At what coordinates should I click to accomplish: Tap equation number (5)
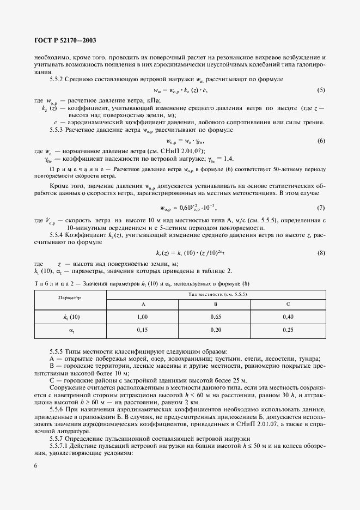pyautogui.click(x=321, y=89)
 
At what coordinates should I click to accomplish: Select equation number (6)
pyautogui.click(x=321, y=141)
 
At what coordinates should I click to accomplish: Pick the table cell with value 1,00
pyautogui.click(x=143, y=317)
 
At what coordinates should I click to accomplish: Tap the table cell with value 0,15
pyautogui.click(x=143, y=330)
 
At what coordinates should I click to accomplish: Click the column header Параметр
pyautogui.click(x=70, y=298)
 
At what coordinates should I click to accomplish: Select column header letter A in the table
pyautogui.click(x=143, y=304)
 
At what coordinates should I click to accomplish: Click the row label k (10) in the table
pyautogui.click(x=70, y=317)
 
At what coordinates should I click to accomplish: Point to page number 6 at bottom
pyautogui.click(x=35, y=465)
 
